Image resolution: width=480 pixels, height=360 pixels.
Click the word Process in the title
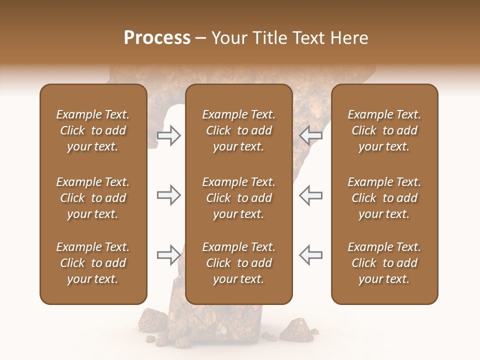[157, 38]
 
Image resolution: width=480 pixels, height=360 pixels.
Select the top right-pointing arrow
[168, 135]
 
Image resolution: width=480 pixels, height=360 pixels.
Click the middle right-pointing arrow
[168, 195]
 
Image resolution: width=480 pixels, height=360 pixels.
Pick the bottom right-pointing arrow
[168, 255]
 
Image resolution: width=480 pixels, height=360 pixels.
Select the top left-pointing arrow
[311, 135]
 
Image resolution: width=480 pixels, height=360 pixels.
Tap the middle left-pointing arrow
[311, 195]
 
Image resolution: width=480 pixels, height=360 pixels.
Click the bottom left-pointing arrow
[311, 255]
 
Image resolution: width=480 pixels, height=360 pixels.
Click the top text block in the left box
[93, 130]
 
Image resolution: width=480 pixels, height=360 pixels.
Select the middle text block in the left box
[93, 198]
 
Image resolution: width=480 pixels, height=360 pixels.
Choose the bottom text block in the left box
[93, 263]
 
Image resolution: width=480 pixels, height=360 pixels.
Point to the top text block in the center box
[238, 130]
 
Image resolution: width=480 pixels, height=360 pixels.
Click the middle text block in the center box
[238, 198]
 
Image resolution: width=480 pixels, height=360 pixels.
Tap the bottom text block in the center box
[238, 263]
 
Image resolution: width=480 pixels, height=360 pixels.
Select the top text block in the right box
[384, 130]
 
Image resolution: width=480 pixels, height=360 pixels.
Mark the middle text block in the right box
[384, 198]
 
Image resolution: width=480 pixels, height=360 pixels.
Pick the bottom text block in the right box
[384, 263]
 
